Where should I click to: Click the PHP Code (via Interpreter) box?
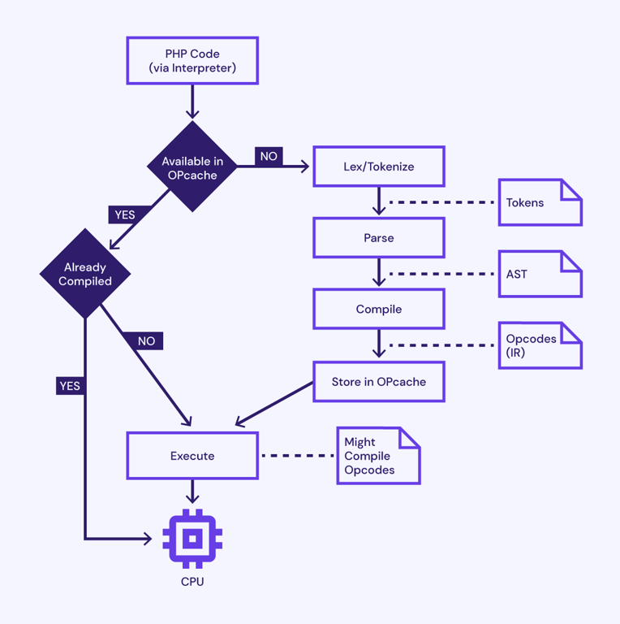(192, 61)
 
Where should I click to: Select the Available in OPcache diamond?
(192, 167)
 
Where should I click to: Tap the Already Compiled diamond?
(85, 274)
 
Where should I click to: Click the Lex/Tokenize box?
(378, 167)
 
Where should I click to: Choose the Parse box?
(378, 238)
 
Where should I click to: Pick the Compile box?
(378, 310)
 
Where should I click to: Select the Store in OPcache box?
(378, 382)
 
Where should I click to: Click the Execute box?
(192, 456)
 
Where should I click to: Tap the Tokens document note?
(540, 202)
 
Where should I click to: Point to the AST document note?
(540, 274)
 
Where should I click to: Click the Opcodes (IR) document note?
(540, 345)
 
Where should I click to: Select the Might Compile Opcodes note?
(378, 456)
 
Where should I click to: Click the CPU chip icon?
(192, 539)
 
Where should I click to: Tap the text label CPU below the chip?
(192, 582)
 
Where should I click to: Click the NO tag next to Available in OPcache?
(269, 156)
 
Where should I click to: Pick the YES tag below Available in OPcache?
(124, 214)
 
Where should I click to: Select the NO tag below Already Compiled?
(146, 341)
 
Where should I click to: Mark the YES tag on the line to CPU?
(70, 386)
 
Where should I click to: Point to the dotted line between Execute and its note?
(298, 456)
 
